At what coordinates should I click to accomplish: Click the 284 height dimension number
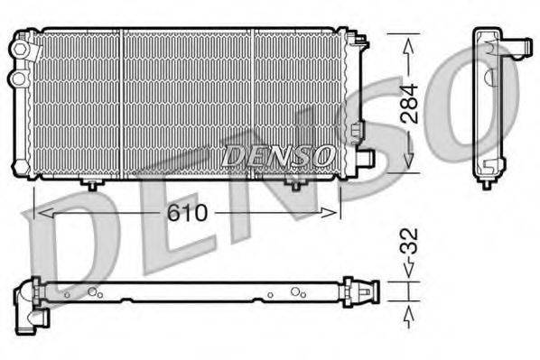(x=409, y=103)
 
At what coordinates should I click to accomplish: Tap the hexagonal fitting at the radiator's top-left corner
(x=20, y=44)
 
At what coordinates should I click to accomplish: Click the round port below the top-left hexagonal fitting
(x=17, y=78)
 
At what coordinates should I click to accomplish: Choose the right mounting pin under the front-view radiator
(x=293, y=184)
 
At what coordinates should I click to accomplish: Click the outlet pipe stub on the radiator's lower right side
(x=366, y=158)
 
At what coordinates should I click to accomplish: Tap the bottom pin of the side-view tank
(x=487, y=183)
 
